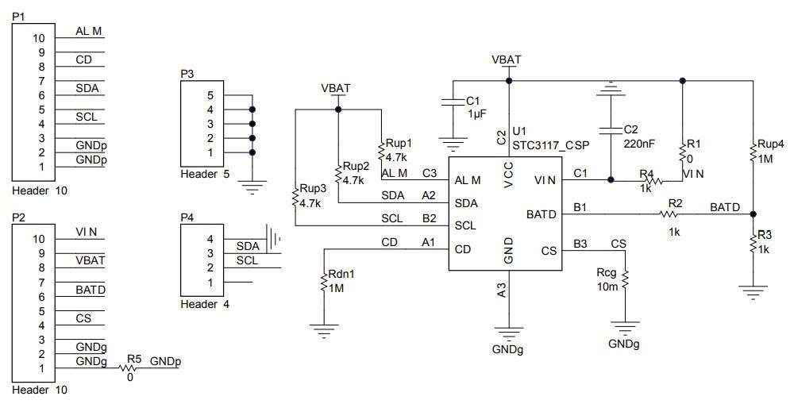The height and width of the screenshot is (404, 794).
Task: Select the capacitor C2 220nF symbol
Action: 609,129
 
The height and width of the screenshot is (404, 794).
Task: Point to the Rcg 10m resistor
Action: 624,279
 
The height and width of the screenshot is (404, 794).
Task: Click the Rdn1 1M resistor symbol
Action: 324,282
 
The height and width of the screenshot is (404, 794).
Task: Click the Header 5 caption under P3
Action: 206,174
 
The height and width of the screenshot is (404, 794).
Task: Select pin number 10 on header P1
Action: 39,37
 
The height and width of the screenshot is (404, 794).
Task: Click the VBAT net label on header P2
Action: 90,260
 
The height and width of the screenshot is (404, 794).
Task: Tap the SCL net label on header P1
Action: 87,117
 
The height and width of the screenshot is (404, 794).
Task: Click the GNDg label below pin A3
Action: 508,348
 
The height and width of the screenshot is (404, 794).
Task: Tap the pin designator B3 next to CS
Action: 580,243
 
